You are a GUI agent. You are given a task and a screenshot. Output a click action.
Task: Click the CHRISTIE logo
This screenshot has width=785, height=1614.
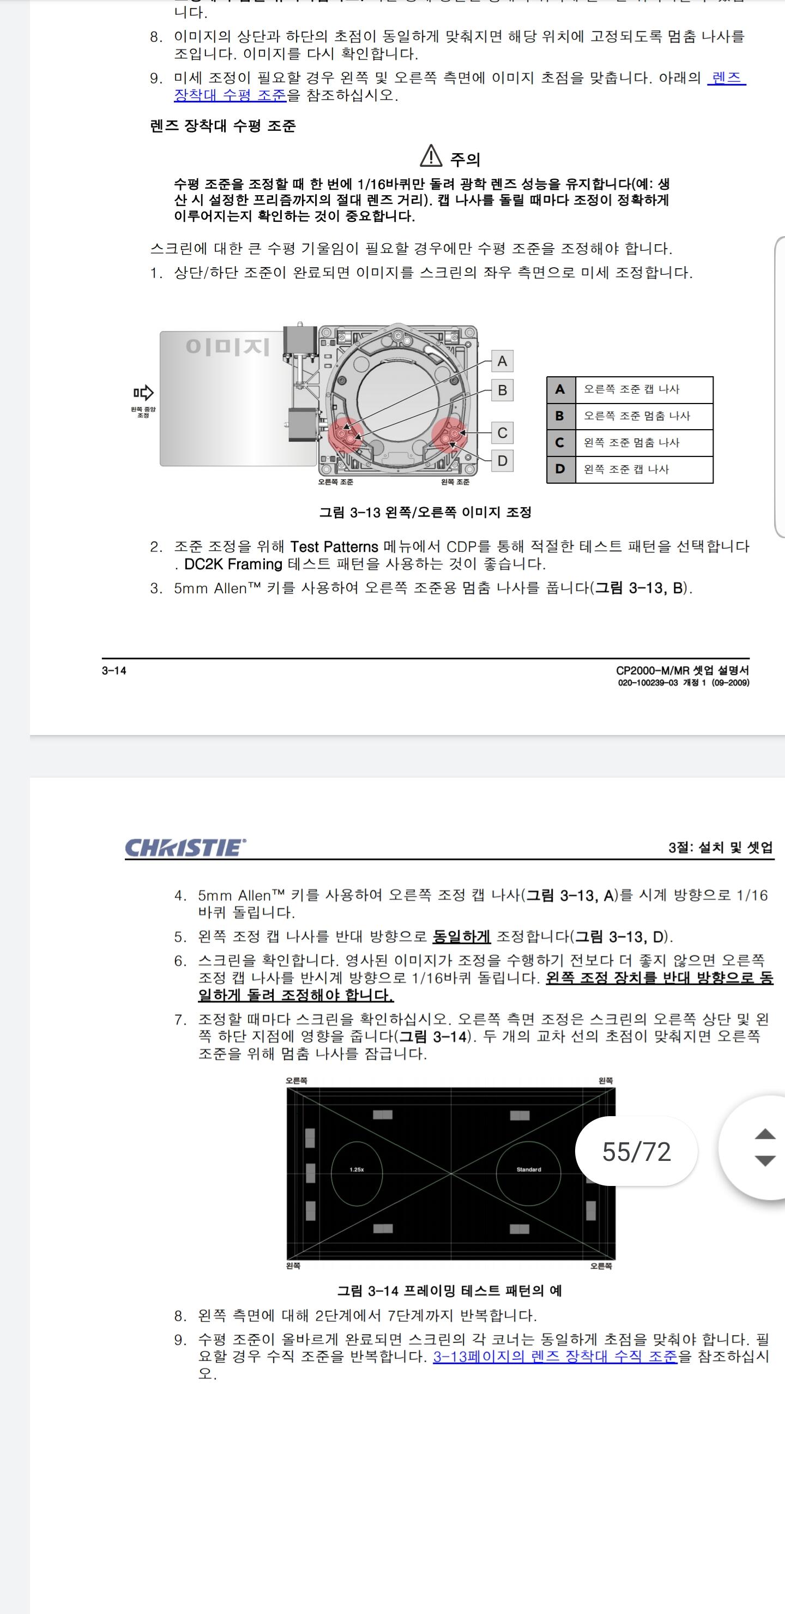click(x=185, y=847)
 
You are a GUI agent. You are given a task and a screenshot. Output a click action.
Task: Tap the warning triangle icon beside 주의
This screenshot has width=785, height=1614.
click(x=431, y=155)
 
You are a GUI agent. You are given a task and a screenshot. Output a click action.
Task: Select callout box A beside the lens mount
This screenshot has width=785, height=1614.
click(x=502, y=361)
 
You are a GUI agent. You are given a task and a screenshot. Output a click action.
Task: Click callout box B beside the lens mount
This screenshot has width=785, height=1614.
click(x=502, y=390)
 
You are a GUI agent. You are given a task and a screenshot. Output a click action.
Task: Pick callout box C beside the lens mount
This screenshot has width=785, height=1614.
click(x=502, y=433)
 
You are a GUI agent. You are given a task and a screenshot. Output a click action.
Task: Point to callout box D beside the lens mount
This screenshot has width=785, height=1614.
click(x=502, y=461)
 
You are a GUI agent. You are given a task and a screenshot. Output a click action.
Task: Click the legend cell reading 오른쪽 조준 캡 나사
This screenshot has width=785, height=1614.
click(x=644, y=390)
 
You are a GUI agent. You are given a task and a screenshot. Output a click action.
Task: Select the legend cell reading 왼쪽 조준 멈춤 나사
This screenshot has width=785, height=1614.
click(x=644, y=443)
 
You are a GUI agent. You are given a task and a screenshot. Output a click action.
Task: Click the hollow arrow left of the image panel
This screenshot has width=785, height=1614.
click(x=143, y=393)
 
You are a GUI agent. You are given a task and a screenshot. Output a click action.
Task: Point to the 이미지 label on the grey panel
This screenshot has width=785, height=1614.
click(x=227, y=346)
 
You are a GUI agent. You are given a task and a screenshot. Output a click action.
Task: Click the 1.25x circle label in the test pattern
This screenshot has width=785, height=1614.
click(x=357, y=1170)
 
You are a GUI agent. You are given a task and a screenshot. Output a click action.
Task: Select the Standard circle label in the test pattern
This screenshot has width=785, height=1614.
click(x=529, y=1170)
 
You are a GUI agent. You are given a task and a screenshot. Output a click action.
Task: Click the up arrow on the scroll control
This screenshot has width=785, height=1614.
click(x=765, y=1134)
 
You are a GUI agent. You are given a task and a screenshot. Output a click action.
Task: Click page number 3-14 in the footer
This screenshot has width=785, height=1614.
click(x=114, y=671)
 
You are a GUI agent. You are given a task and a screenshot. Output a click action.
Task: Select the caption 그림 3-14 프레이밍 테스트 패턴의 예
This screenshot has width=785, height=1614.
click(x=449, y=1291)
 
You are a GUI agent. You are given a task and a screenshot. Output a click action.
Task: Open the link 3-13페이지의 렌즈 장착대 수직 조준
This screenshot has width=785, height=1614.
click(x=555, y=1357)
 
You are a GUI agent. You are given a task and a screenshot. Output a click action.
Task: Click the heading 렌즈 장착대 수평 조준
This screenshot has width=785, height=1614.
click(x=223, y=126)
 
